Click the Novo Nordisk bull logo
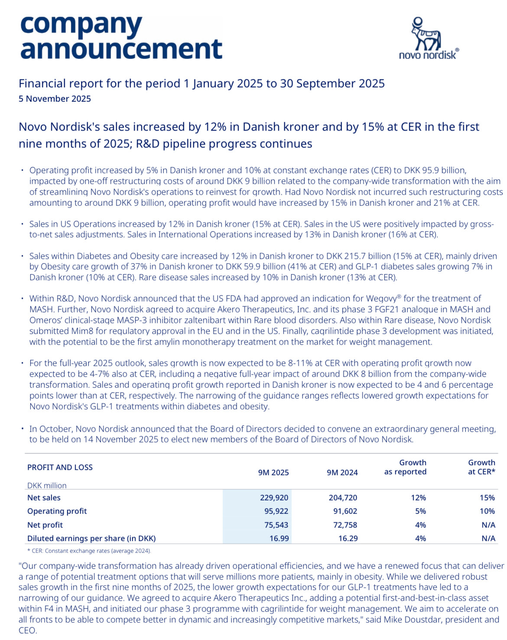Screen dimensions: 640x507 (426, 35)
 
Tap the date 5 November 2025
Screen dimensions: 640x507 (55, 99)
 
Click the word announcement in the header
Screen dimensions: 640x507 (121, 49)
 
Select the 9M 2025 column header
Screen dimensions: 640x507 (273, 472)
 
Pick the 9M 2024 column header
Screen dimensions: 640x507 (342, 472)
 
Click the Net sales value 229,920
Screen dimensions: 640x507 (274, 498)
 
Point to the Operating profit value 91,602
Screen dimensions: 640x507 (345, 511)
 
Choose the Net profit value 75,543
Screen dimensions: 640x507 (276, 525)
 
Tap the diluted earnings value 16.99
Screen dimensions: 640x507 (279, 538)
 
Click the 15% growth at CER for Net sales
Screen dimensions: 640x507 (487, 498)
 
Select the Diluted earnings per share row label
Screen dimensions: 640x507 (91, 538)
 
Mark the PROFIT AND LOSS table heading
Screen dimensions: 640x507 (60, 467)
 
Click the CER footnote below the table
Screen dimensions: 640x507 (91, 551)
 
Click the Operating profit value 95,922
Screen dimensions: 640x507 (276, 511)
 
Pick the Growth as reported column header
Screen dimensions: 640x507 (405, 467)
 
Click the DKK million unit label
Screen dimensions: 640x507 (47, 485)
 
